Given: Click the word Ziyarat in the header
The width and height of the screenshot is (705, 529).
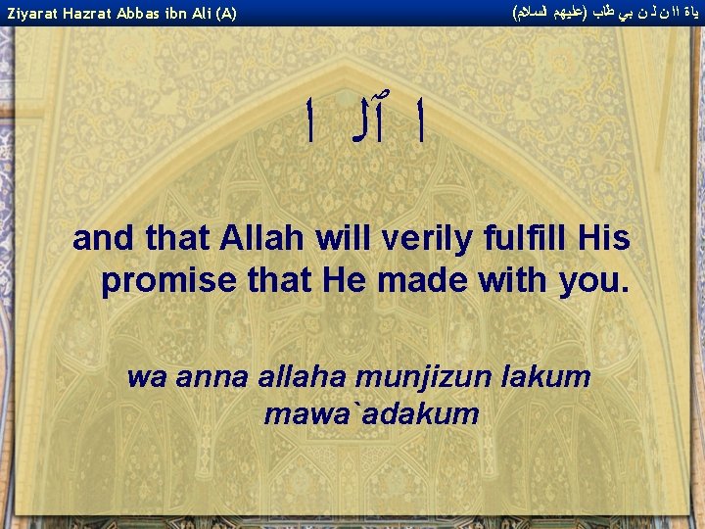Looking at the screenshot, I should coord(34,14).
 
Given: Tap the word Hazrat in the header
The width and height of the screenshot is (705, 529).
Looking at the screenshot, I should coord(94,14).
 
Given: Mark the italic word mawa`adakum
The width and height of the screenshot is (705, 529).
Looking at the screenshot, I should coord(371,414).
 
